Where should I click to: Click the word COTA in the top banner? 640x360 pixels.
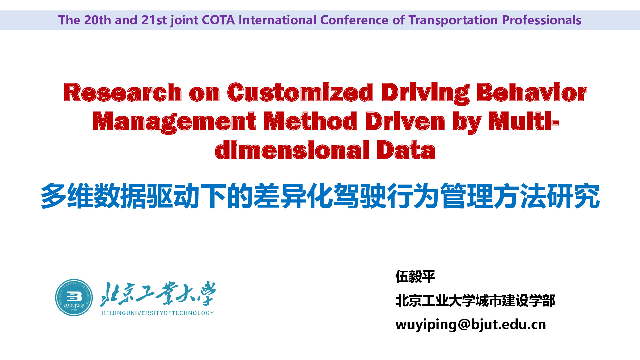(x=218, y=20)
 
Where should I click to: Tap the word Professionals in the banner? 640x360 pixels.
(x=542, y=20)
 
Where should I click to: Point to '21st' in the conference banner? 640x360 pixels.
(x=154, y=20)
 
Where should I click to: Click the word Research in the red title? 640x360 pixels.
(x=123, y=92)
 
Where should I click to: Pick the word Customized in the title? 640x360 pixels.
(x=300, y=92)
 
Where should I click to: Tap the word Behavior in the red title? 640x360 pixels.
(x=532, y=92)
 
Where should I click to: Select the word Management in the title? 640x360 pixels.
(x=174, y=122)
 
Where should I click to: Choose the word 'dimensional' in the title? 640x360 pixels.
(x=292, y=150)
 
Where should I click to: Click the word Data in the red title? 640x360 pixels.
(x=406, y=150)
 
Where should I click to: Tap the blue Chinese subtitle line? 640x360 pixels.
(x=320, y=196)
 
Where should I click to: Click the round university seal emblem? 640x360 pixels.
(x=74, y=298)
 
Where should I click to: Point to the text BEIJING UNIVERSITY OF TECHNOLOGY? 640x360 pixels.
(x=158, y=313)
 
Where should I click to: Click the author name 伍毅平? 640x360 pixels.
(x=415, y=277)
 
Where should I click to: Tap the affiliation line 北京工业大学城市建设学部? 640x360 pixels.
(x=475, y=301)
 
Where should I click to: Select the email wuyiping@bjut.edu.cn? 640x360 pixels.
(x=471, y=324)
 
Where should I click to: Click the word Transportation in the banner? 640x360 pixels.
(x=453, y=20)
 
